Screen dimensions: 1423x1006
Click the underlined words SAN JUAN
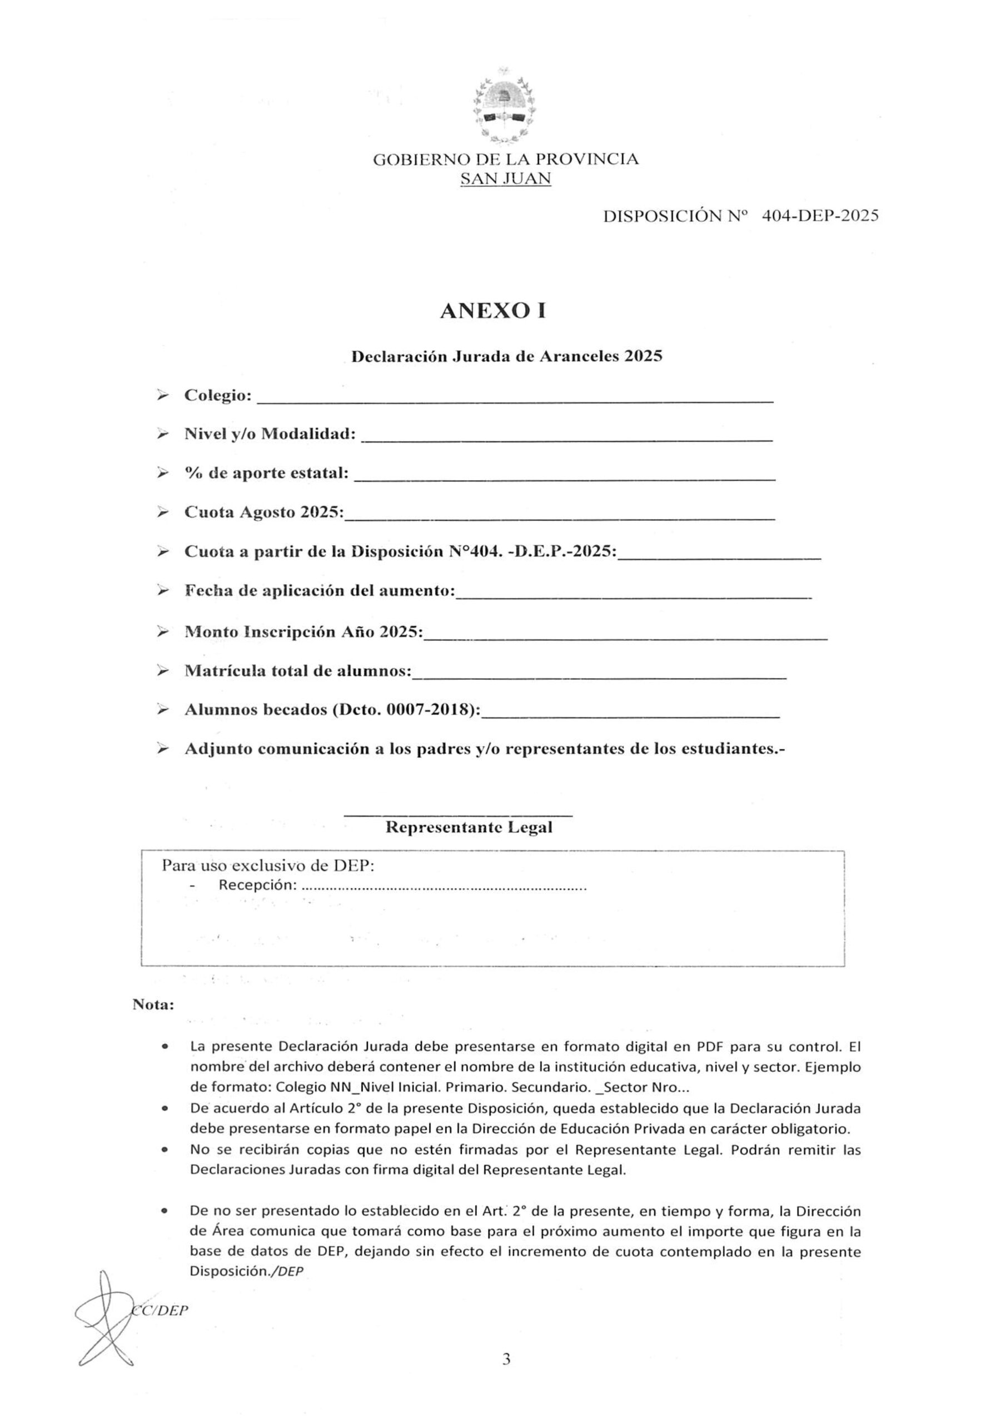pyautogui.click(x=505, y=179)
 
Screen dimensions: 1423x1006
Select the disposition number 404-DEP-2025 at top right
pyautogui.click(x=820, y=216)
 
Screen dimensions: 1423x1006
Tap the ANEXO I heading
pyautogui.click(x=493, y=311)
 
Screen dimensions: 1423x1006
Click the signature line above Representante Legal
pyautogui.click(x=458, y=814)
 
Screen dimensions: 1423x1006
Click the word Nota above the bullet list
pyautogui.click(x=153, y=1004)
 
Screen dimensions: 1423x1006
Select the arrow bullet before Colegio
pyautogui.click(x=162, y=395)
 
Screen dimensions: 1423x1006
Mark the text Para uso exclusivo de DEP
pyautogui.click(x=268, y=865)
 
